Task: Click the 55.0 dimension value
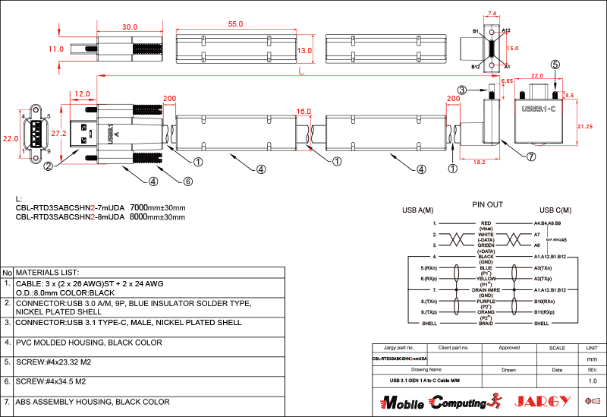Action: point(235,24)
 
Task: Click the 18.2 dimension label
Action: point(479,162)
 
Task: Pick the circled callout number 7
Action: point(531,156)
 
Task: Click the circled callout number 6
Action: point(187,181)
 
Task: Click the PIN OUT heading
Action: point(487,204)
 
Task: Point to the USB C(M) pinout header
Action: point(555,210)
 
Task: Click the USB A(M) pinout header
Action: point(418,210)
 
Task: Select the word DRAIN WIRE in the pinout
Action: point(486,289)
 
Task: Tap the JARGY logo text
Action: point(543,400)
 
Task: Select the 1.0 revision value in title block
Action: point(593,380)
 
